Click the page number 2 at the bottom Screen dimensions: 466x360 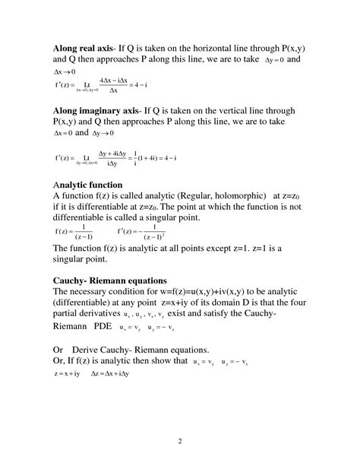click(x=179, y=441)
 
